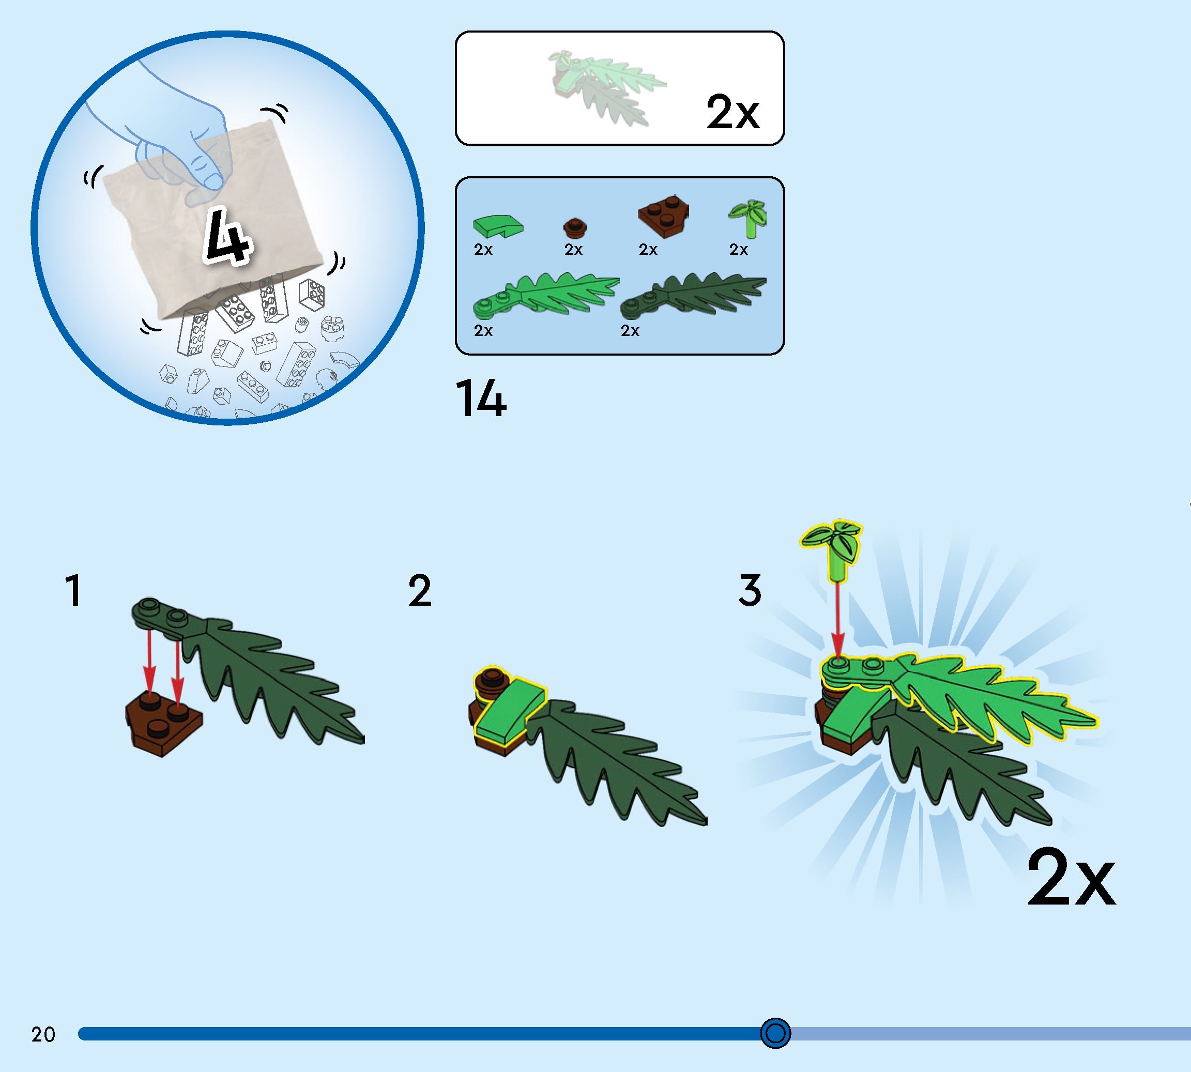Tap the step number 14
(481, 399)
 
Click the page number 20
(43, 1034)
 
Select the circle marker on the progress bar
(775, 1033)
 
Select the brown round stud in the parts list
(574, 227)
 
